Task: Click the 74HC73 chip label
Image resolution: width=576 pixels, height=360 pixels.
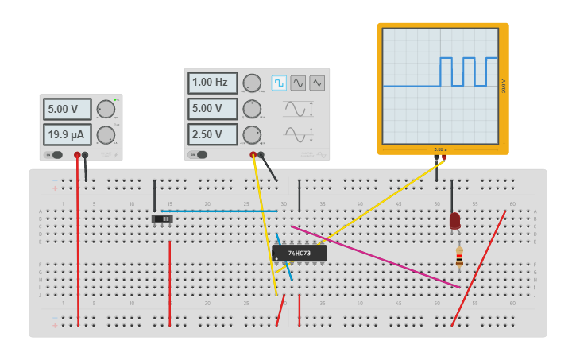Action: click(x=299, y=254)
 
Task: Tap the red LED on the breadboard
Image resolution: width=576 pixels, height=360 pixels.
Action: click(x=454, y=220)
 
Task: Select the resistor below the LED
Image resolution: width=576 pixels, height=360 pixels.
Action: click(x=459, y=257)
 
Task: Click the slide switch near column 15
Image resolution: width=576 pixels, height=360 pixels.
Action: click(x=162, y=219)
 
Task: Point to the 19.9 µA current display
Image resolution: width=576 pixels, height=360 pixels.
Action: click(x=68, y=134)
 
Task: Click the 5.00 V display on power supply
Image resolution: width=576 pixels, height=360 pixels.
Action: click(x=68, y=109)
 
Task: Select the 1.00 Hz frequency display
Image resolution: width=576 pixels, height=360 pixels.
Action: click(x=212, y=83)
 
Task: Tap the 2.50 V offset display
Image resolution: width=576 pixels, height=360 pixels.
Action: click(x=212, y=134)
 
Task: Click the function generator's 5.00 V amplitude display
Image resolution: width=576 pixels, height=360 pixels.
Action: click(x=212, y=109)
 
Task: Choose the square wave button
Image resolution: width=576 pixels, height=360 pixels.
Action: click(x=279, y=83)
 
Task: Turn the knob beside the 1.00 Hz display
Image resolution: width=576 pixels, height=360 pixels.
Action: click(x=252, y=83)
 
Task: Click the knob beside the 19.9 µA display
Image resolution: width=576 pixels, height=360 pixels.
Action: click(x=106, y=134)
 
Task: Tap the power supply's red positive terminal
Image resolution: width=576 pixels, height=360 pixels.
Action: click(x=77, y=155)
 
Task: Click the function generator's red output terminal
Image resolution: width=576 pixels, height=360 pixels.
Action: click(x=253, y=155)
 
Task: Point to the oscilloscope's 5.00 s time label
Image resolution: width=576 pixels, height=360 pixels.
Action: click(x=440, y=149)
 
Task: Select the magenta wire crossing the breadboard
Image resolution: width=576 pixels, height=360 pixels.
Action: click(x=373, y=256)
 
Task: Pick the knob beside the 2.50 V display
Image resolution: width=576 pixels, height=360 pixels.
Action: click(x=252, y=134)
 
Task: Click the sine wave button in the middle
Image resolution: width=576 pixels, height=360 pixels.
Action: click(x=298, y=83)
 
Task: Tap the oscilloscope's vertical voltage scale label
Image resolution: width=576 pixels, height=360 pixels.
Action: click(x=504, y=86)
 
